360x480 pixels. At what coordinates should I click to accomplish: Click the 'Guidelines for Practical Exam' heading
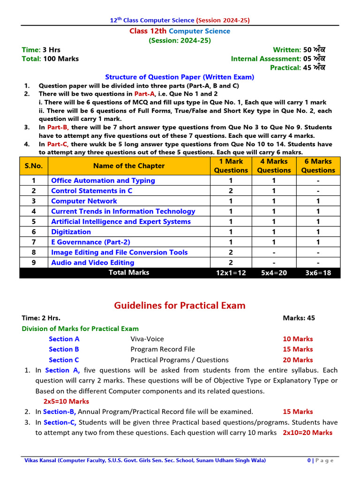pos(180,306)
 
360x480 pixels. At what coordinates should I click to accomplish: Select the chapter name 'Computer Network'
pos(84,201)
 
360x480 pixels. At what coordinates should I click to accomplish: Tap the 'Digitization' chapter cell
pos(71,232)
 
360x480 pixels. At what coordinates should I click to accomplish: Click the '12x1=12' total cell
pos(231,273)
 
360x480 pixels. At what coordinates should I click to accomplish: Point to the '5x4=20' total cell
pos(274,273)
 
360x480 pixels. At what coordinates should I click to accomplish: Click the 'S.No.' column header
pos(34,166)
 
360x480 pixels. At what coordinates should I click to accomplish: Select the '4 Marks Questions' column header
pos(274,166)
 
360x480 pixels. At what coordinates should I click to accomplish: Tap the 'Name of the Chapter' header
pos(129,166)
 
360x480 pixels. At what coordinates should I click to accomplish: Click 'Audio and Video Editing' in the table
pos(92,263)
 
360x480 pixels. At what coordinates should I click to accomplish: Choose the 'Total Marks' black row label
pos(129,272)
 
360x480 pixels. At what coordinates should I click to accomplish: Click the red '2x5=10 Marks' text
pos(66,401)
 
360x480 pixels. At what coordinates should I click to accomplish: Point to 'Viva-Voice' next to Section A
pos(147,339)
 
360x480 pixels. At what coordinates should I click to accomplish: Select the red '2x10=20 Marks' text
pos(307,433)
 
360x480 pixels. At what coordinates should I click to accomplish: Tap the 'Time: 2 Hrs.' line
pos(41,318)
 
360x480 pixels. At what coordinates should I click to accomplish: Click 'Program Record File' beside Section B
pos(163,349)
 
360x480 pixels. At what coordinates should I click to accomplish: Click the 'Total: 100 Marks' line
pos(50,59)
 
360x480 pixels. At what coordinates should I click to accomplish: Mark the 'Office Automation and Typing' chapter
pos(103,180)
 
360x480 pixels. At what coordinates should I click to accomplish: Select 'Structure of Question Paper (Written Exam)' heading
pos(180,77)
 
